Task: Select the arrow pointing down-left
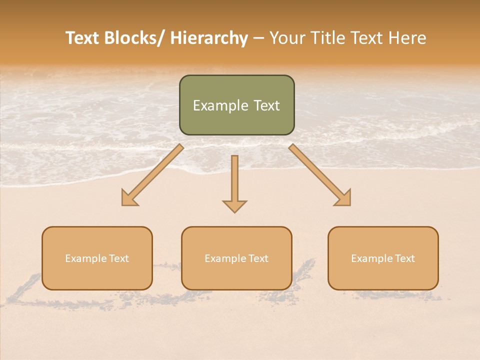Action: pos(152,175)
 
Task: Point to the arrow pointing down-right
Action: pos(319,175)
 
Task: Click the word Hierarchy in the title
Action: pos(209,38)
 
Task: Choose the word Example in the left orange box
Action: pos(86,258)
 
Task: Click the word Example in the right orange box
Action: pos(372,258)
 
